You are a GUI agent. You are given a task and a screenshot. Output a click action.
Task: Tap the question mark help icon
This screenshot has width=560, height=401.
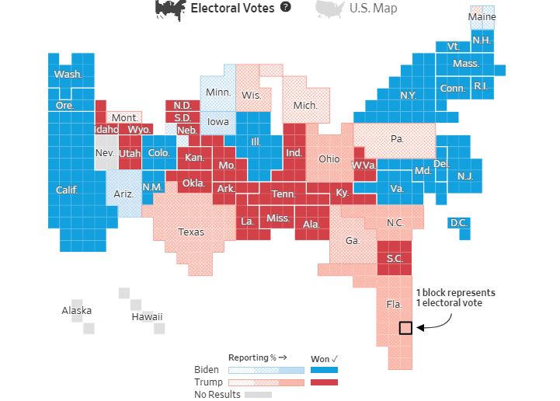click(285, 7)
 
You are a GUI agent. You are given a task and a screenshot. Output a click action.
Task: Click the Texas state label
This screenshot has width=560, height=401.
click(191, 232)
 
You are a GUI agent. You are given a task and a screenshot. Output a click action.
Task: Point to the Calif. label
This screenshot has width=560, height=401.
click(67, 190)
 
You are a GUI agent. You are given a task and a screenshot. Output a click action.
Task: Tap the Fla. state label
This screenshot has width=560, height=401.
click(395, 305)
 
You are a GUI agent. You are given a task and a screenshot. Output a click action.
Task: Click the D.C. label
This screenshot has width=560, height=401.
click(458, 224)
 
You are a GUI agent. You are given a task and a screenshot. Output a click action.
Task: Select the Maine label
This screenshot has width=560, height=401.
click(482, 17)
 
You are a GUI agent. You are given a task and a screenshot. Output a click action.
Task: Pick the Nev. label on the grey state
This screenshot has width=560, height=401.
click(105, 153)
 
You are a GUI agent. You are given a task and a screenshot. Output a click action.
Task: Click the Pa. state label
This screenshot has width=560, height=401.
click(397, 139)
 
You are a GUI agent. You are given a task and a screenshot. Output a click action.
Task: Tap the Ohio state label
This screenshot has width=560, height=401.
click(329, 159)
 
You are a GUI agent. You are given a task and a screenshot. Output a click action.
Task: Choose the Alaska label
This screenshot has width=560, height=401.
click(76, 311)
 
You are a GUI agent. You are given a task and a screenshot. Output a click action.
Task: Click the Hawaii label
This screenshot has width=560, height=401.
click(146, 316)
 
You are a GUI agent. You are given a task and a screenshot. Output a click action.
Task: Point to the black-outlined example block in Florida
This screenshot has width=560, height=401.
click(405, 328)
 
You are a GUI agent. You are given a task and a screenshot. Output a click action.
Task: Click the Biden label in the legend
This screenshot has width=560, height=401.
click(207, 370)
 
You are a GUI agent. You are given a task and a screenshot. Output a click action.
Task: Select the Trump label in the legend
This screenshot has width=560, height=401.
click(208, 382)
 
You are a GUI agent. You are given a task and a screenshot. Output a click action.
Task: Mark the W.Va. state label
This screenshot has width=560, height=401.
click(363, 165)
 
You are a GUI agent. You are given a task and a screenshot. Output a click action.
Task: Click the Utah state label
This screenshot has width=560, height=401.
click(129, 154)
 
